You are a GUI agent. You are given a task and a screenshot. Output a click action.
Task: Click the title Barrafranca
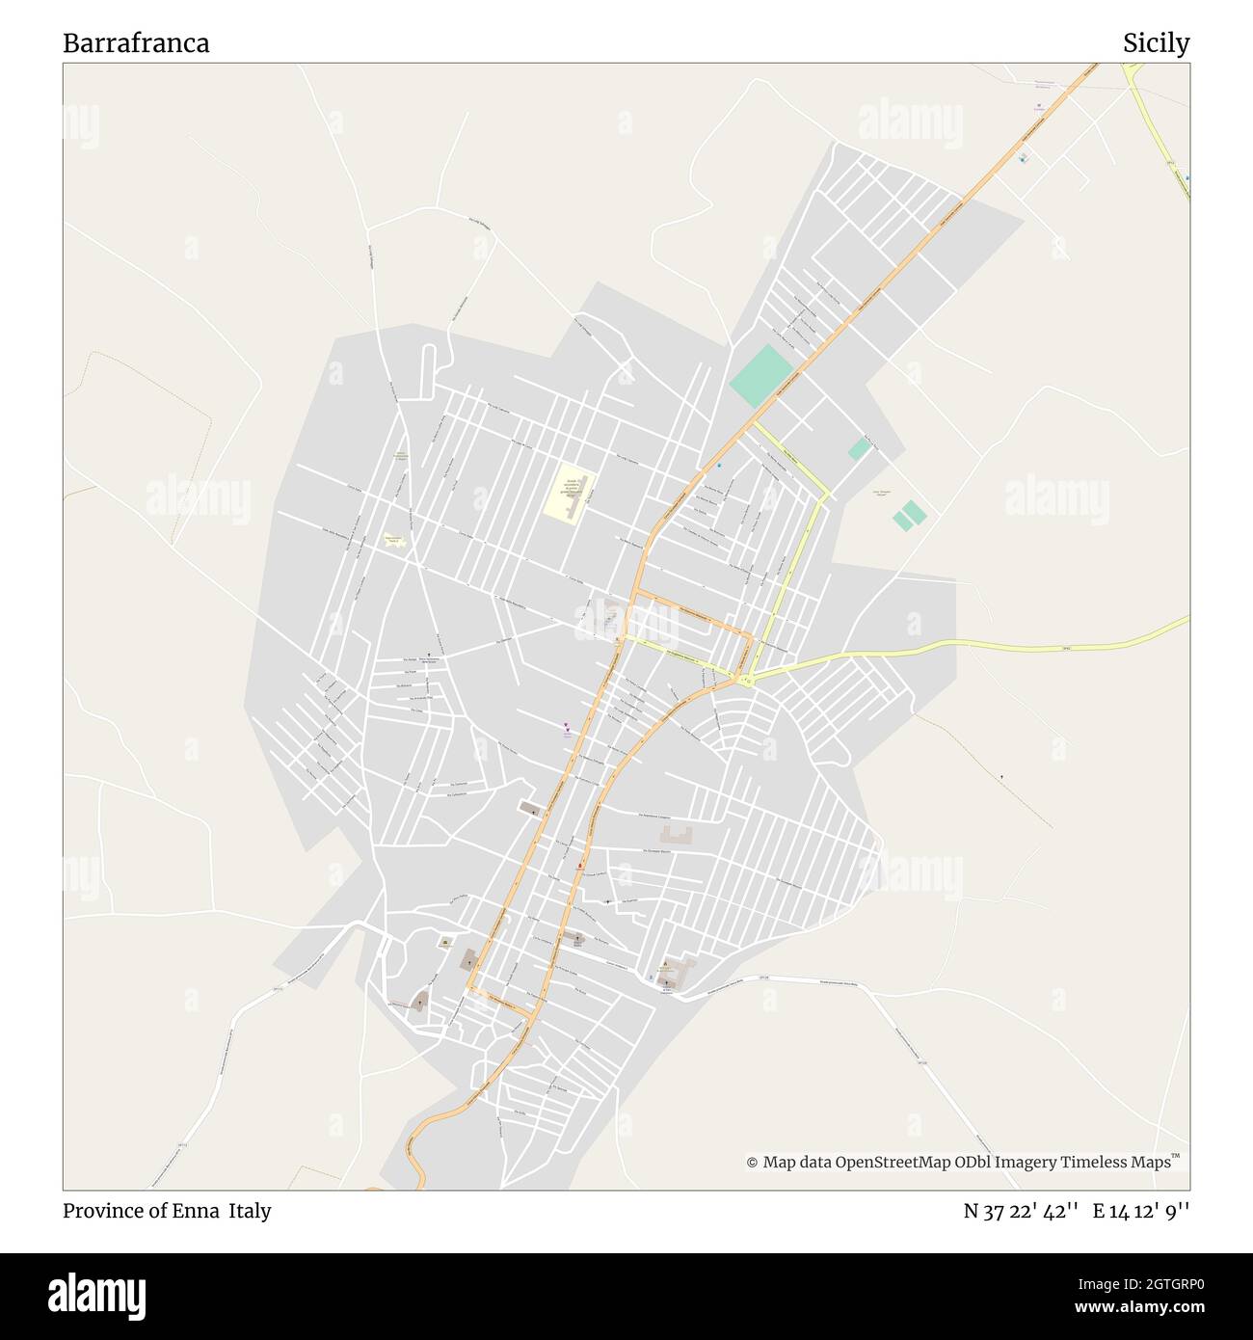136,43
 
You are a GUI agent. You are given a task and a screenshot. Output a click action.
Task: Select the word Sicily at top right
1156,43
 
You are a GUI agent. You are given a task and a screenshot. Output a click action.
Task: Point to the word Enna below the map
196,1211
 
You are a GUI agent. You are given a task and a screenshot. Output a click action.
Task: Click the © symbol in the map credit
752,1163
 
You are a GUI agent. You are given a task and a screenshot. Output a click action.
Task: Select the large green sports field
761,375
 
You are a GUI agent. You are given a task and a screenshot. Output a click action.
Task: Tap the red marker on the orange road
578,867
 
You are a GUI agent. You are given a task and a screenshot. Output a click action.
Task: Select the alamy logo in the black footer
96,1296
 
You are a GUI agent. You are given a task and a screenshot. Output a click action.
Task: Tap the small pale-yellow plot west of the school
393,541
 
